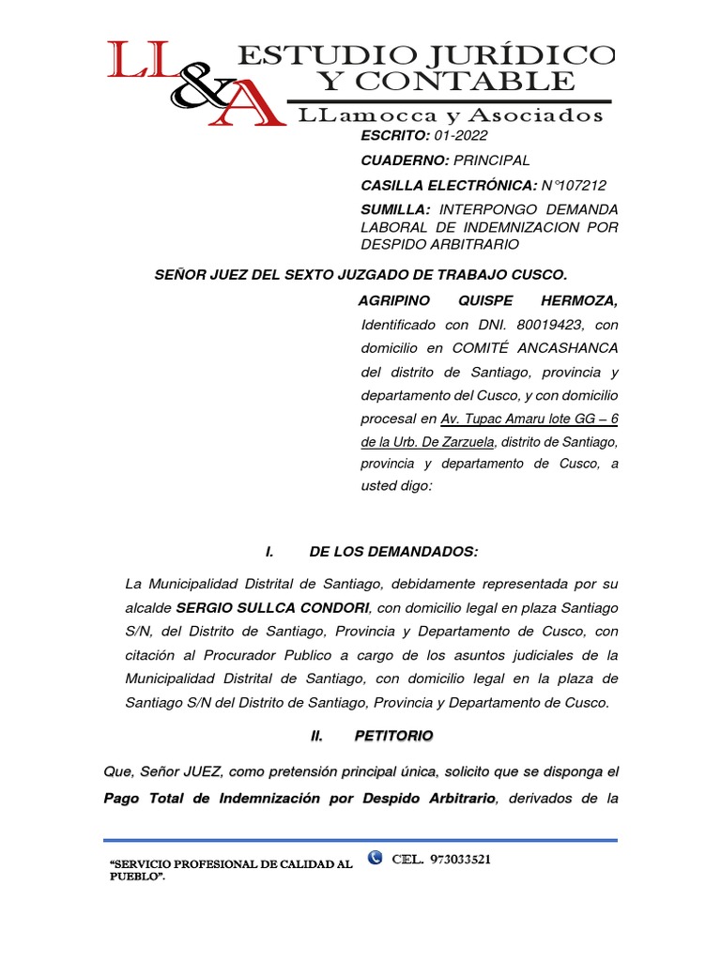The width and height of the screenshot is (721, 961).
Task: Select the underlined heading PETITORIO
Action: coord(393,737)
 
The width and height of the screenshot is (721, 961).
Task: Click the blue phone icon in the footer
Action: coord(376,857)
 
